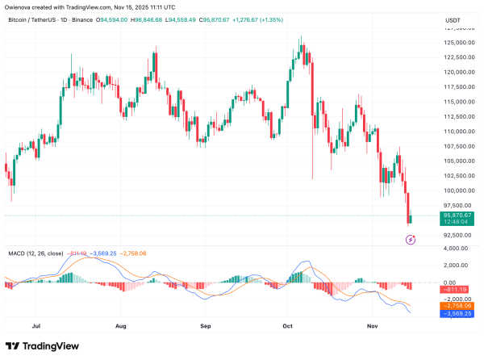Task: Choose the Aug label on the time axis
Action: click(121, 327)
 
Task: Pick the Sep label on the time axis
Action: click(206, 327)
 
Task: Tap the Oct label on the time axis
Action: click(286, 327)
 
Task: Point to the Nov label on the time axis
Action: click(373, 327)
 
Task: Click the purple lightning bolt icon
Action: click(411, 239)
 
